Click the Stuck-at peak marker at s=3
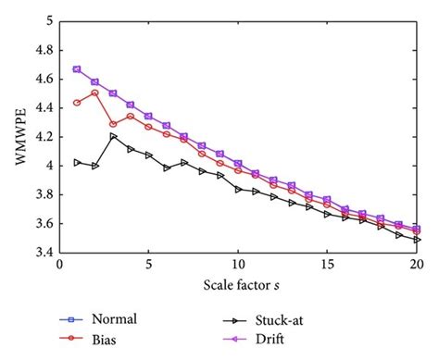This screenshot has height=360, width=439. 113,136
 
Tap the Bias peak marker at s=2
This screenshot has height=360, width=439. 95,93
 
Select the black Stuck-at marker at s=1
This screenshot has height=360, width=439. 77,162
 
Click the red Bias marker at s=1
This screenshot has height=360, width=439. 77,103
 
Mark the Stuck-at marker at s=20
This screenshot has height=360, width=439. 418,240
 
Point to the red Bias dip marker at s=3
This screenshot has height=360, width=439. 113,124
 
